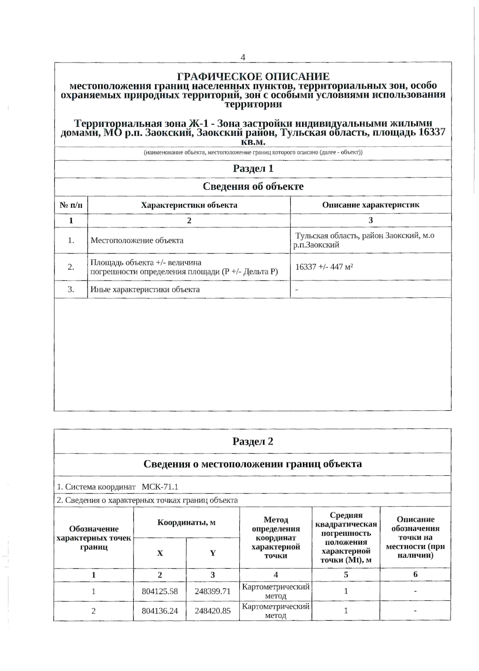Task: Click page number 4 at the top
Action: tap(243, 58)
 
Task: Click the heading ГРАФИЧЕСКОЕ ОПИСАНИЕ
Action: tap(253, 76)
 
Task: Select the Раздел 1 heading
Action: tap(253, 169)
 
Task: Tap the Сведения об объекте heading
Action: tap(253, 187)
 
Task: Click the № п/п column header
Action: tap(71, 205)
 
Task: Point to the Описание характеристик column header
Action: tap(370, 205)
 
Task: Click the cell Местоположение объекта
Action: tap(137, 240)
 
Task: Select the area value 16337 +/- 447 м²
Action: tap(324, 267)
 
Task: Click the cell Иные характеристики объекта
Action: tap(145, 290)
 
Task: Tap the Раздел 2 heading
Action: tap(253, 441)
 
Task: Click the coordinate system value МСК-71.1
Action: tap(160, 487)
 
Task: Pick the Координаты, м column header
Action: tap(186, 522)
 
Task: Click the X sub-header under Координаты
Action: tap(160, 553)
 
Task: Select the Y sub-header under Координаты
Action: tap(213, 553)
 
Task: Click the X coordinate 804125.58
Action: tap(160, 592)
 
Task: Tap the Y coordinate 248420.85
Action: tap(213, 611)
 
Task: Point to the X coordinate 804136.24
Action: tap(160, 611)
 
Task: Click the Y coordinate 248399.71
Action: tap(213, 592)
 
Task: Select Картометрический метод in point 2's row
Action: tap(276, 611)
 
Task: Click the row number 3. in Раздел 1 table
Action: tap(71, 290)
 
